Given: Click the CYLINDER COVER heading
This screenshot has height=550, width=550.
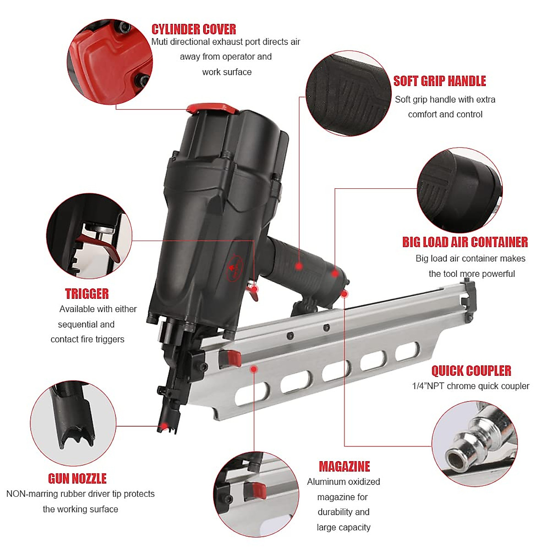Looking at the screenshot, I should tap(193, 29).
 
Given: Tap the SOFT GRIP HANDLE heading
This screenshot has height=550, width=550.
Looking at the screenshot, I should tap(440, 81).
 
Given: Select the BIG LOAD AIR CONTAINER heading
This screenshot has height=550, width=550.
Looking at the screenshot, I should tap(465, 242).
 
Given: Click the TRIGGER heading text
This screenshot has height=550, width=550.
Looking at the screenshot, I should tap(87, 294).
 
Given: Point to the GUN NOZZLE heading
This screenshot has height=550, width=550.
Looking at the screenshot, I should tap(77, 479).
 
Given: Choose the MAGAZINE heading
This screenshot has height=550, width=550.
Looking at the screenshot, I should tap(344, 467).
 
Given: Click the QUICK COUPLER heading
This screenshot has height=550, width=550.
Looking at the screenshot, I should tap(471, 371).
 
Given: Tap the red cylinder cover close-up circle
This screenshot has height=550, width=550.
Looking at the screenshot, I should tap(110, 62).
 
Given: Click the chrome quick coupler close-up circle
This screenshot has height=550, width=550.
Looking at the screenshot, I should tap(474, 444).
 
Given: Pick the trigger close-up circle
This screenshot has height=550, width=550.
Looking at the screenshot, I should tap(89, 236).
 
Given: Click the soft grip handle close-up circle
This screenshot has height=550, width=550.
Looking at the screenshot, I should tap(348, 93).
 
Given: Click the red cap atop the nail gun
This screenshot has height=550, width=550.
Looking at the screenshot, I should tap(212, 109).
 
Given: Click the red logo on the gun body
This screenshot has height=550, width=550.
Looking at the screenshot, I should tap(234, 269).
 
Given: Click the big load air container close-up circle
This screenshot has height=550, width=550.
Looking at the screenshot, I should tap(460, 190).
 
